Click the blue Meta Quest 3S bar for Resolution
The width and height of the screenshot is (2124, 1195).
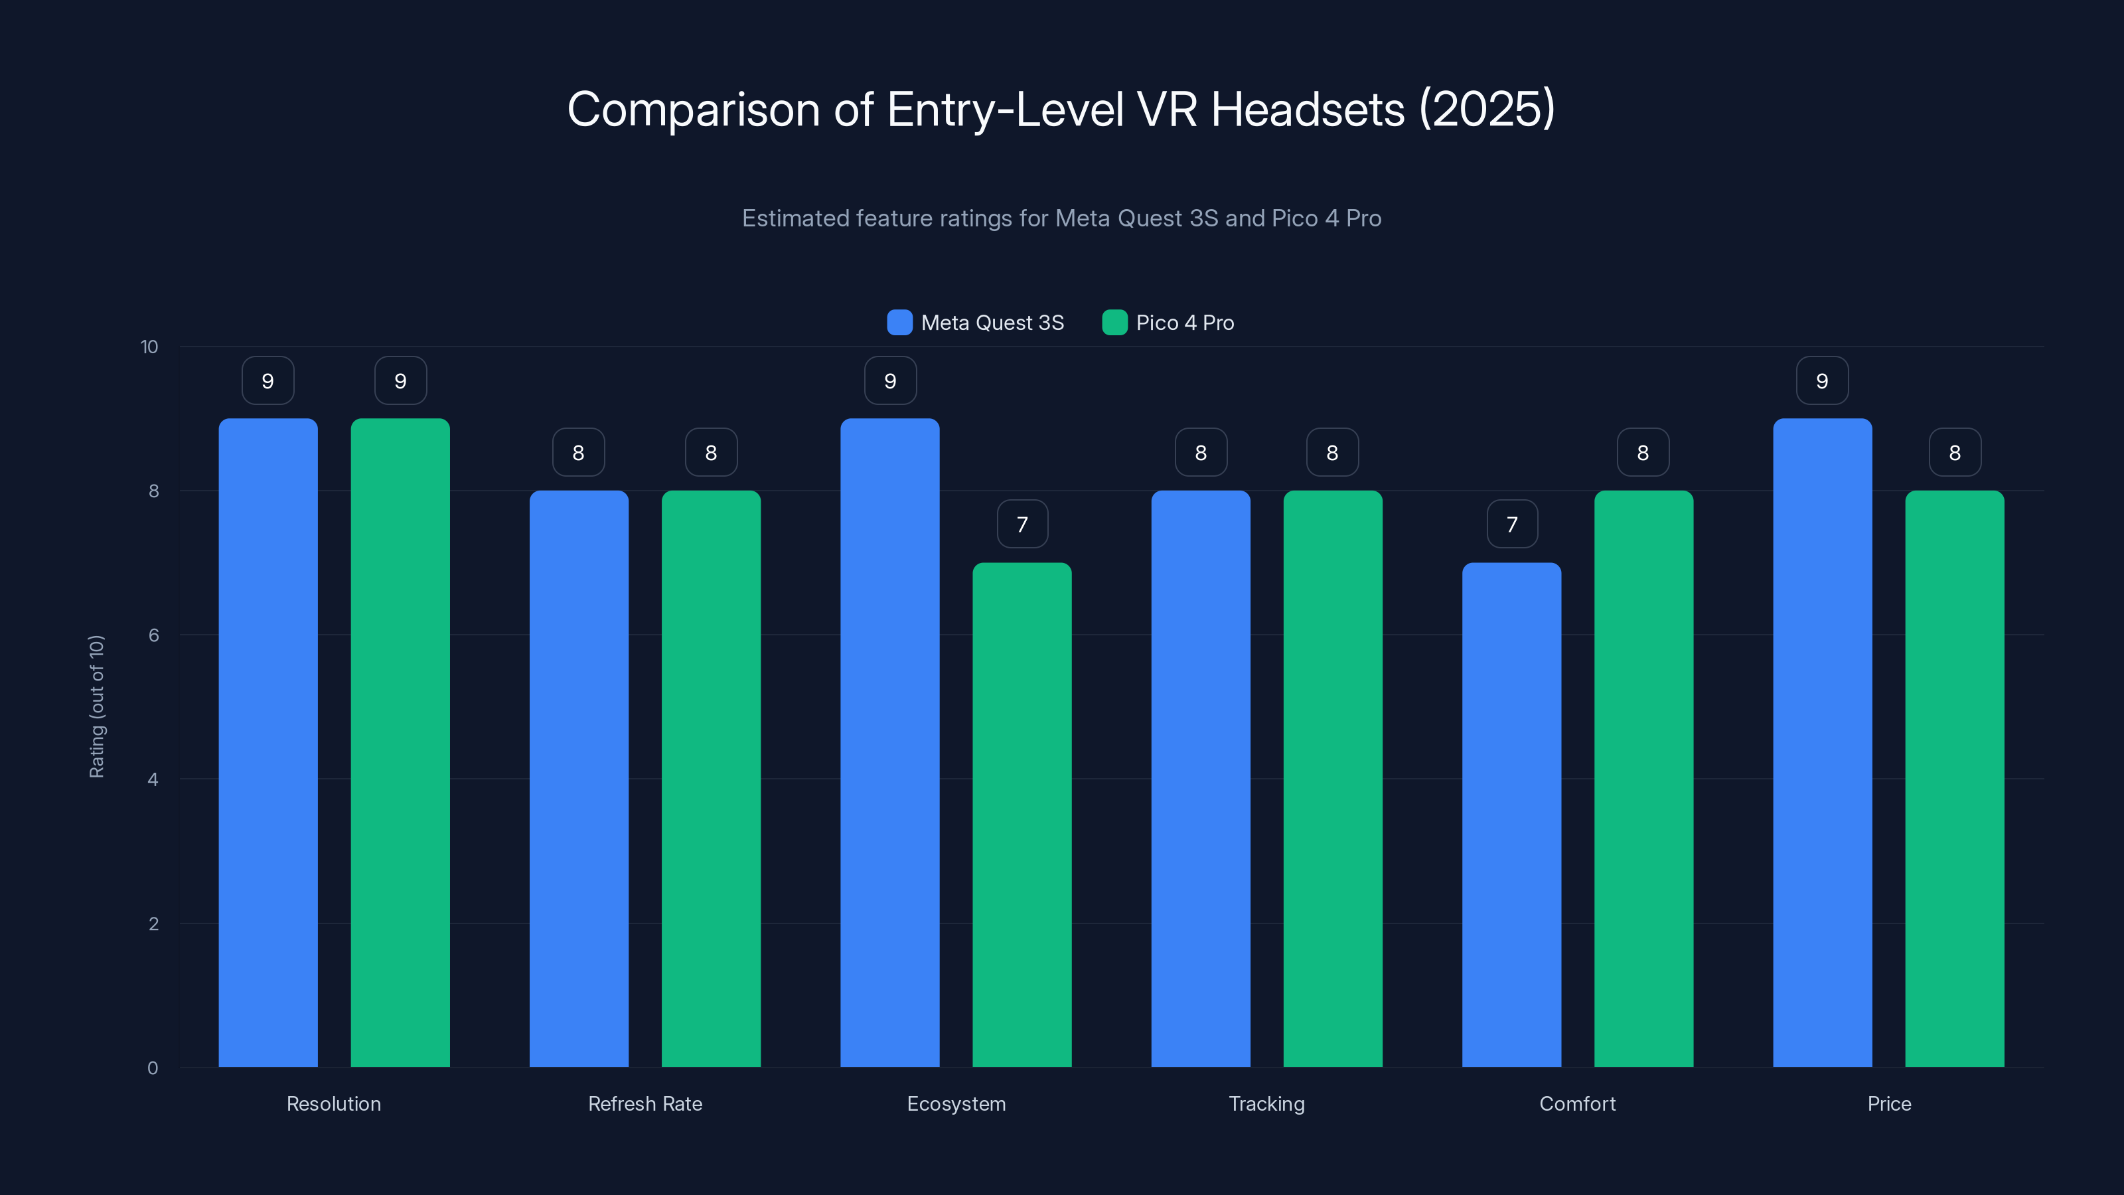pos(268,742)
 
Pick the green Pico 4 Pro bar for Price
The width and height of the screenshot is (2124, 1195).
pos(1954,779)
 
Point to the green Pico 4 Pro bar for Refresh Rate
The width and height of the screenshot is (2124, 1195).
pos(711,779)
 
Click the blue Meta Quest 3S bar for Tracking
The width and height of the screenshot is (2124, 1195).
pos(1201,779)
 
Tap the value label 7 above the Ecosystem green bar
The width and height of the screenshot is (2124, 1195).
pos(1022,524)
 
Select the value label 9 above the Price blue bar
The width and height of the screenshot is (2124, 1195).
pos(1822,381)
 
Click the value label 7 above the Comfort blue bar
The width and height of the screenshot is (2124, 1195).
pos(1512,524)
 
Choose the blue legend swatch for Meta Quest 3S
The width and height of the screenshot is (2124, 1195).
pos(899,323)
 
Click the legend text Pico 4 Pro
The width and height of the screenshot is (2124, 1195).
pos(1185,323)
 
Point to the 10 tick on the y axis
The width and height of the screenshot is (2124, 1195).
pos(149,347)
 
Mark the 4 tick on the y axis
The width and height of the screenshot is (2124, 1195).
pos(153,779)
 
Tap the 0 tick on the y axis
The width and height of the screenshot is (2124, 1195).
pos(153,1068)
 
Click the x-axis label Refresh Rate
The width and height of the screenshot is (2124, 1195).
pos(645,1103)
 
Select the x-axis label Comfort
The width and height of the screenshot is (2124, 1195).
pos(1577,1103)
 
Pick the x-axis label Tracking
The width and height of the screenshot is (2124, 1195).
pos(1266,1103)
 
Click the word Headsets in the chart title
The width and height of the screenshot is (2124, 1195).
pos(1307,109)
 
